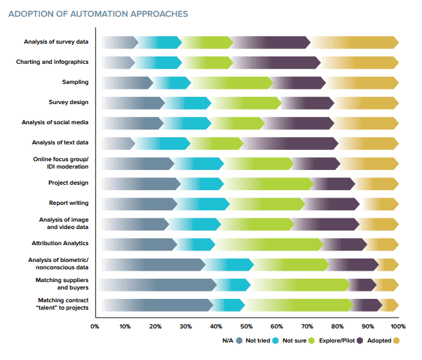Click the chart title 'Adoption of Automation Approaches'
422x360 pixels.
(x=98, y=13)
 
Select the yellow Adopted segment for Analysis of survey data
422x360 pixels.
(x=354, y=42)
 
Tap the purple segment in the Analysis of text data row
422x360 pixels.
(x=289, y=143)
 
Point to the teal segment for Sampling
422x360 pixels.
(x=171, y=83)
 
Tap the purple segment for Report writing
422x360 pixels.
(x=332, y=204)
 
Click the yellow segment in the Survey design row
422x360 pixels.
(x=366, y=103)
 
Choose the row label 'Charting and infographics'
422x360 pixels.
(x=52, y=62)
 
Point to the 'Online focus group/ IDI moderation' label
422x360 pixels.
(x=61, y=163)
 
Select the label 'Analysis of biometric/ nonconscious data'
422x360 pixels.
(x=58, y=264)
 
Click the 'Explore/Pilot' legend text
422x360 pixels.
(x=339, y=341)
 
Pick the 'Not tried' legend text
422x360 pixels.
(x=257, y=341)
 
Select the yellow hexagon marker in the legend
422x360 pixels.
(x=396, y=341)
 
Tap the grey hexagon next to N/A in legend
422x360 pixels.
(x=239, y=341)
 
